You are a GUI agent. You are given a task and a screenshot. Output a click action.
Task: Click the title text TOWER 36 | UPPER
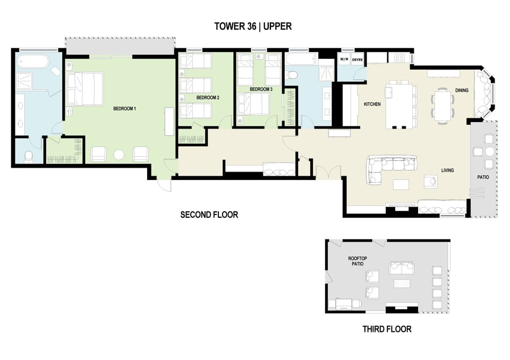pos(252,26)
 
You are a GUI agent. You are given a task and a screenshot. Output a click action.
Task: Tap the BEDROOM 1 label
pos(125,109)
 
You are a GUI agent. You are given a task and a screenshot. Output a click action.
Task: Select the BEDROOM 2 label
pos(208,98)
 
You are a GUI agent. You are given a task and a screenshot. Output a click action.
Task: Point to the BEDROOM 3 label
pos(261,89)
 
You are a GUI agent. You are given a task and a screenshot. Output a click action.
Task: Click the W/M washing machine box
pos(344,59)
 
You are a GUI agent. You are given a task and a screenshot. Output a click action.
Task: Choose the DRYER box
pos(358,59)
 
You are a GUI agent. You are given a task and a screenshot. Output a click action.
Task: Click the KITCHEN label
pos(372,105)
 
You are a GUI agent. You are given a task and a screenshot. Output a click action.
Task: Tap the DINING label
pos(462,90)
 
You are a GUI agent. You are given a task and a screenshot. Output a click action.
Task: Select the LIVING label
pos(447,170)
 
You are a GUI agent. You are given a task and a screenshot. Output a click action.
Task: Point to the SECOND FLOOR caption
pos(209,215)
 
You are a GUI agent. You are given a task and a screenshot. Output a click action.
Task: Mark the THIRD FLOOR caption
pos(387,329)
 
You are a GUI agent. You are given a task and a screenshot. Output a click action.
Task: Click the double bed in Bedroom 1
pos(85,89)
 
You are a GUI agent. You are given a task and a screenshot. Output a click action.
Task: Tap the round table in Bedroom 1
pos(119,155)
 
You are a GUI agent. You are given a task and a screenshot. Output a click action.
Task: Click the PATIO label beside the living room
pos(482,177)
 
